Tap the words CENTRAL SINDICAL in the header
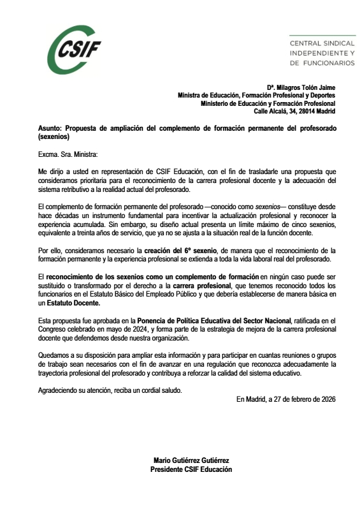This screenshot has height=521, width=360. [x=322, y=43]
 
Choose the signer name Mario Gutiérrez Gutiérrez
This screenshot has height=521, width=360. [x=191, y=460]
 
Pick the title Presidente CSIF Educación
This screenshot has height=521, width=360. [x=191, y=469]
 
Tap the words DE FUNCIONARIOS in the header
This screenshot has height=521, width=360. [x=322, y=63]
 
